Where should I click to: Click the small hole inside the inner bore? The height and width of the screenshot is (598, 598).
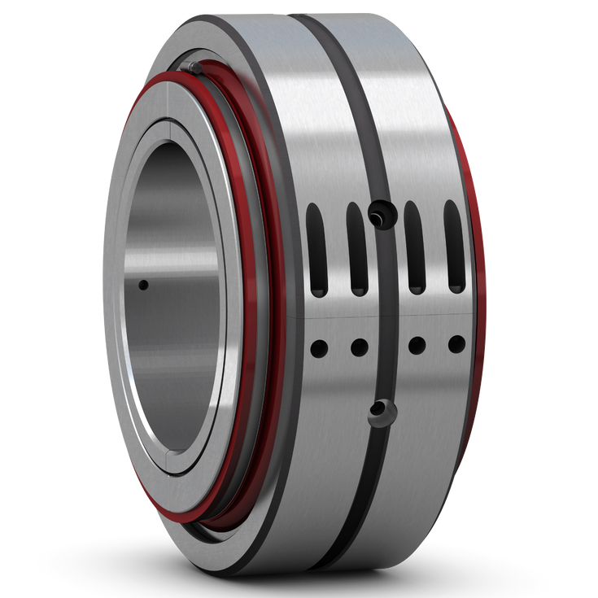click(x=143, y=285)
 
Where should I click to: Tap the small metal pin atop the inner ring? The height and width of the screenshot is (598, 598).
click(x=189, y=67)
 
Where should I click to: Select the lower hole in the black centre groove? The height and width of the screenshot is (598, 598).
click(x=377, y=411)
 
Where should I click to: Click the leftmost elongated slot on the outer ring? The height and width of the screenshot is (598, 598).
click(x=316, y=249)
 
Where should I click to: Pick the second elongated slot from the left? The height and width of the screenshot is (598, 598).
click(x=356, y=248)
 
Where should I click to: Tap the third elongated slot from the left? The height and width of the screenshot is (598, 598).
click(x=414, y=247)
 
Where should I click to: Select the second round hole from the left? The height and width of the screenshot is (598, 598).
click(x=359, y=347)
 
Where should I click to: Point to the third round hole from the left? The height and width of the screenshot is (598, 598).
click(x=417, y=346)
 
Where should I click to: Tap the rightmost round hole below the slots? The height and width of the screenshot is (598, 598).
click(x=456, y=344)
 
